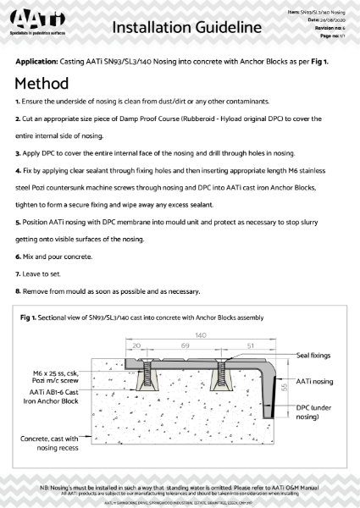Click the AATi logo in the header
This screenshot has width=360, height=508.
(38, 26)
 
